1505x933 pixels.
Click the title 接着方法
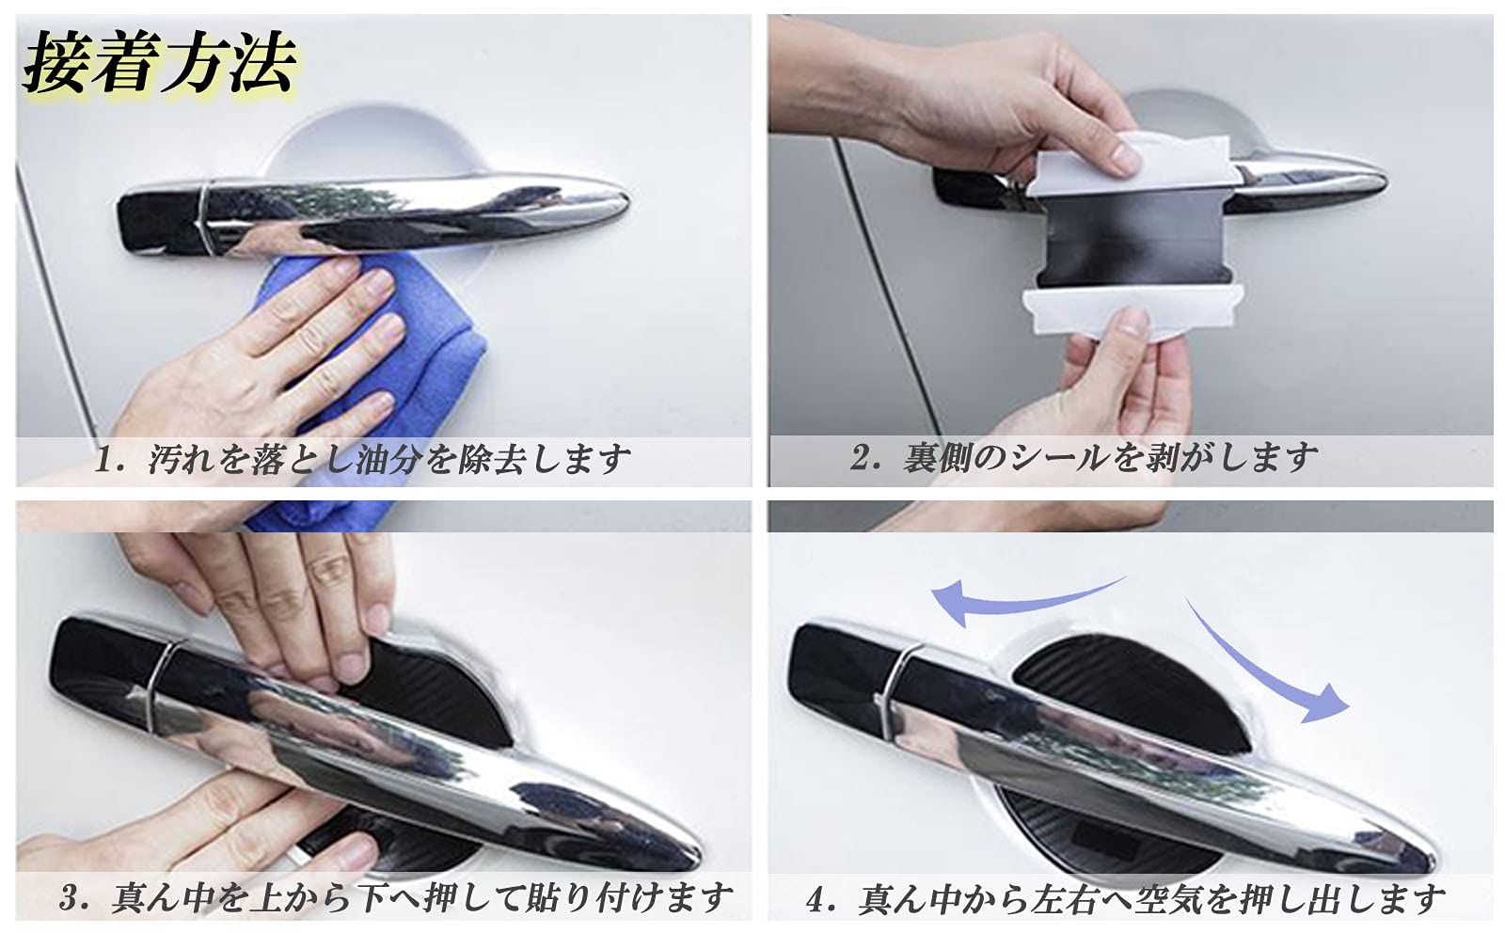point(160,62)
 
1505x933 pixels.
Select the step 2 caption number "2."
point(866,458)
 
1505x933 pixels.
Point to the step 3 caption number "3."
point(74,899)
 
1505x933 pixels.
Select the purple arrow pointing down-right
point(1263,664)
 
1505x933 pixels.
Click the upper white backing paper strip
point(1135,165)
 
